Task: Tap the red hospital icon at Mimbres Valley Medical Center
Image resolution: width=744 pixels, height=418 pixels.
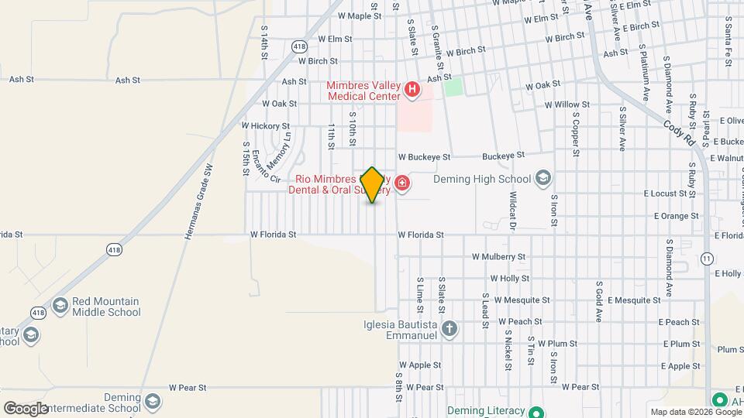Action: click(x=412, y=90)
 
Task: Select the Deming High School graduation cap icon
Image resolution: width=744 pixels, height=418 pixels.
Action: click(x=542, y=179)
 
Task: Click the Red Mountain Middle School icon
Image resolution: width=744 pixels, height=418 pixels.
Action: click(x=60, y=307)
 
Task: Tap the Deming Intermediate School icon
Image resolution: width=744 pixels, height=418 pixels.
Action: click(x=153, y=401)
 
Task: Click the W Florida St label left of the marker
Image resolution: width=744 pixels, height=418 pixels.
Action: click(x=273, y=235)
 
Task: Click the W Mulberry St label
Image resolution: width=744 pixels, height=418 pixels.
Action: click(x=499, y=256)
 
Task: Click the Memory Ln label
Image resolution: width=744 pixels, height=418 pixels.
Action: click(x=279, y=151)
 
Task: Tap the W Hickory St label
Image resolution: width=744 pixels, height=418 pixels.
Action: click(x=265, y=125)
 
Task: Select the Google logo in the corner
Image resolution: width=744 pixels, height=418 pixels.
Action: click(x=26, y=408)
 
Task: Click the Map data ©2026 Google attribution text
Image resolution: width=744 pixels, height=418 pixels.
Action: click(x=696, y=412)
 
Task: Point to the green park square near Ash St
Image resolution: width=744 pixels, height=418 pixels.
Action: click(x=453, y=87)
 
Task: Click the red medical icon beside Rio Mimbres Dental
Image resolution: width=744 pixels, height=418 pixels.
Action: click(x=401, y=183)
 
